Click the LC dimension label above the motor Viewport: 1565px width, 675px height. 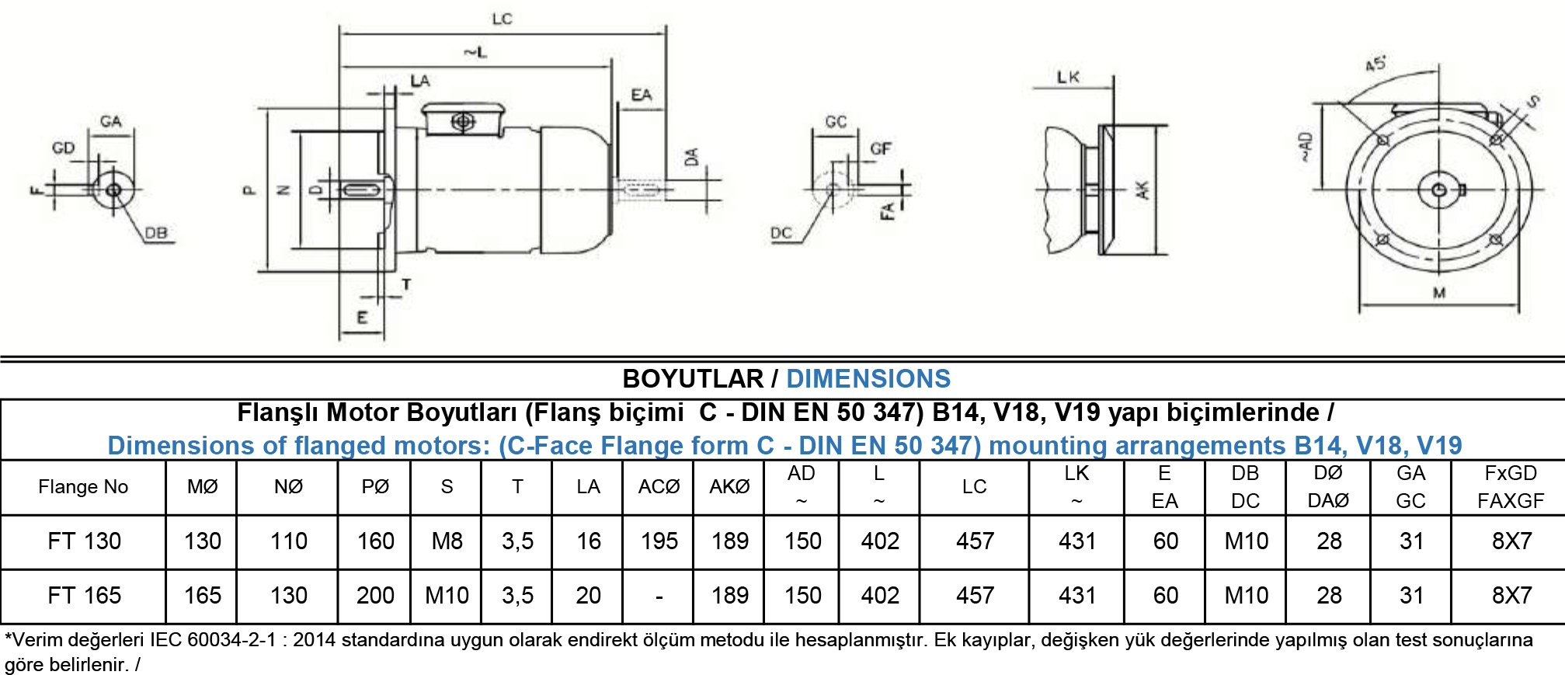click(x=502, y=19)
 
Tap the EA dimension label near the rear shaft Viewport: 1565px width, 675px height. click(x=642, y=95)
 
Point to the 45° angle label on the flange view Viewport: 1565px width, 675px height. click(x=1375, y=64)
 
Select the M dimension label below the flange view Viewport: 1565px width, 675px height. click(x=1439, y=293)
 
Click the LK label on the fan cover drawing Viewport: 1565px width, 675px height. click(x=1068, y=77)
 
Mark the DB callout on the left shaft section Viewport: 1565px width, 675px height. click(x=156, y=232)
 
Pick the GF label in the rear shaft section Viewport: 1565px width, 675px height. click(x=881, y=148)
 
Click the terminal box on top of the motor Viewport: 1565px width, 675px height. click(x=464, y=120)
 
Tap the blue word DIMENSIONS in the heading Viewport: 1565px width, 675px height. click(x=868, y=379)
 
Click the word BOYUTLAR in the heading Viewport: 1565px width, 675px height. click(x=693, y=379)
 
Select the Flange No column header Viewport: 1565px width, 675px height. click(x=83, y=487)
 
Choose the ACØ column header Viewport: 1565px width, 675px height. click(x=659, y=487)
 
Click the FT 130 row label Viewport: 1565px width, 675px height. click(x=84, y=541)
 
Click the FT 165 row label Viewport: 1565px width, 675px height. click(x=84, y=595)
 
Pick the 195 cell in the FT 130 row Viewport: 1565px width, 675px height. click(x=659, y=541)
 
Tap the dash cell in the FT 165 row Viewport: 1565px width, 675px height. click(x=659, y=597)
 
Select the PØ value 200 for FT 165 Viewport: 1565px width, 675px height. click(x=375, y=595)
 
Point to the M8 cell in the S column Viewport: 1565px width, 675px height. click(x=447, y=541)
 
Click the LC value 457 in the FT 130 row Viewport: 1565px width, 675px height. click(x=975, y=541)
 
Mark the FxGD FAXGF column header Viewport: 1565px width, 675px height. click(x=1511, y=487)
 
